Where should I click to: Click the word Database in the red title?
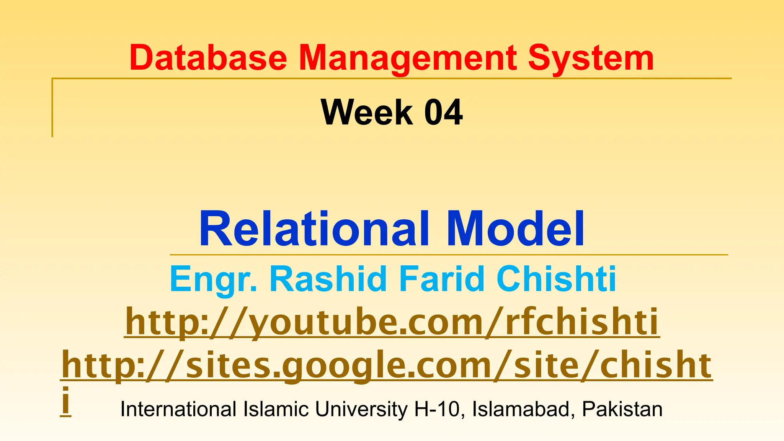point(208,58)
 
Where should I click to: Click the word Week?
point(367,112)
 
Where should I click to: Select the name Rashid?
point(328,279)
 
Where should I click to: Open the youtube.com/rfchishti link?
point(392,322)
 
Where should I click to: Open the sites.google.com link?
point(387,366)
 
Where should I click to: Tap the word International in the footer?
point(178,409)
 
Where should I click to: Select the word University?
point(361,409)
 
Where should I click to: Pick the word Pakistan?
point(622,409)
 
